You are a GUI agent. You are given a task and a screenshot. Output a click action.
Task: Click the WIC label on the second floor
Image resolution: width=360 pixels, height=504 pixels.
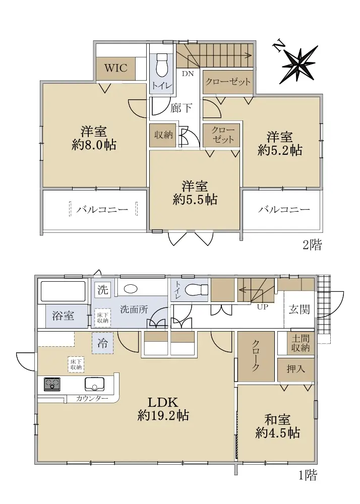point(116,68)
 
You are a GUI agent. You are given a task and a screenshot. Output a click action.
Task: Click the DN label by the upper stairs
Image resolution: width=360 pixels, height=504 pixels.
point(188,74)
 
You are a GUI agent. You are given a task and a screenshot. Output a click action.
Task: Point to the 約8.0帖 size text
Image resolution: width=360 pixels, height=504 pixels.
point(94,145)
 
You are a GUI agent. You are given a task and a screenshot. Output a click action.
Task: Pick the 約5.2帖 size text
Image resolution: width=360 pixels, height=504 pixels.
point(280,150)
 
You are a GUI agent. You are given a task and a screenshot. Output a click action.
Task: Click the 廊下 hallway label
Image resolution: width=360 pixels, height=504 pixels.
point(182,108)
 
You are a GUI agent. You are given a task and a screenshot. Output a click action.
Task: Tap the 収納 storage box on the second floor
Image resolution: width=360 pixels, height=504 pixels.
point(163,135)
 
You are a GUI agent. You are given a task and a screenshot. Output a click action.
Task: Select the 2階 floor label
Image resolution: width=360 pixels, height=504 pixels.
point(312,245)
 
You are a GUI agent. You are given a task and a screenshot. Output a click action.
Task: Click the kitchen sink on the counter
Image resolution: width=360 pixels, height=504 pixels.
point(94,384)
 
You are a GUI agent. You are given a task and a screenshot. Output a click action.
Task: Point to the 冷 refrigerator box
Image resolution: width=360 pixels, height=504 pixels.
point(102,343)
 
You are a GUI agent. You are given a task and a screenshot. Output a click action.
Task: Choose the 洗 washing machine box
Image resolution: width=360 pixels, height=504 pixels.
point(103,290)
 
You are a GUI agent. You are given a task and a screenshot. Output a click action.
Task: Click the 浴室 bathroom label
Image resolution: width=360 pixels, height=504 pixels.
point(64,316)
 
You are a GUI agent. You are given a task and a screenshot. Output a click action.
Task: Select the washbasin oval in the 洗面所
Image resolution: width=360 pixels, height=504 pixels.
point(131,288)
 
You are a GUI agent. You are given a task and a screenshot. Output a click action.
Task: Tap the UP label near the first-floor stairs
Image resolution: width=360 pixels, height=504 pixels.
point(262,307)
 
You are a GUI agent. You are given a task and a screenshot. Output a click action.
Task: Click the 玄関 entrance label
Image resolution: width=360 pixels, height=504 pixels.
point(299,309)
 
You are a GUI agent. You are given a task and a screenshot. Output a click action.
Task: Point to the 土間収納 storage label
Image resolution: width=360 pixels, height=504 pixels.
point(301,343)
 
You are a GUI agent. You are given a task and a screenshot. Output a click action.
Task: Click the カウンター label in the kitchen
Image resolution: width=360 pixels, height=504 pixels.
point(92,399)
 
